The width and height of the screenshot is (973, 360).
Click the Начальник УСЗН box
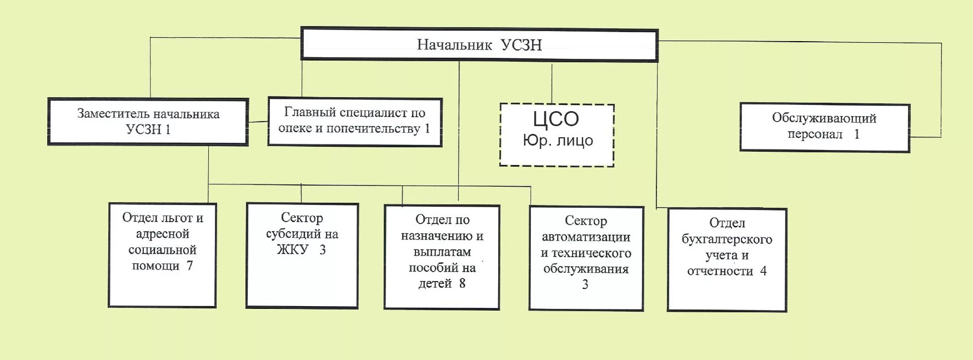click(479, 44)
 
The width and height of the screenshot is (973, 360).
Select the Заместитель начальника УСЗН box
click(148, 122)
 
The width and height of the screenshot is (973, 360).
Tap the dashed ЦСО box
click(557, 135)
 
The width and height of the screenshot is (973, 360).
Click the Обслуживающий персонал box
click(824, 127)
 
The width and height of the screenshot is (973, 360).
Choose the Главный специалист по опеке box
click(354, 122)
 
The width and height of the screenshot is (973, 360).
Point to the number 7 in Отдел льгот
click(189, 266)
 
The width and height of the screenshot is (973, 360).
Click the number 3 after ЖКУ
click(322, 250)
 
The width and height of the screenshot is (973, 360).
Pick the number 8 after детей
click(462, 283)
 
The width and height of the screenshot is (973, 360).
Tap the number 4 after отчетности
click(763, 271)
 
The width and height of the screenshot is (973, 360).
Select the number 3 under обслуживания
click(585, 285)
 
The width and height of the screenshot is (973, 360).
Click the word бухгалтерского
click(726, 239)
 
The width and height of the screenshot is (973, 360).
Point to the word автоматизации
click(586, 237)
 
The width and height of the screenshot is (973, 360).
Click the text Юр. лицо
click(558, 141)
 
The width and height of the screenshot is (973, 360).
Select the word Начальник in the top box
click(454, 44)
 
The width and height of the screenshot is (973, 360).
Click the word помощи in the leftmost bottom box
click(156, 266)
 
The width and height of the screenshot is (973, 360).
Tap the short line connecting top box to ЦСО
click(551, 83)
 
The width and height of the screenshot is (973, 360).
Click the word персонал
click(815, 134)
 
